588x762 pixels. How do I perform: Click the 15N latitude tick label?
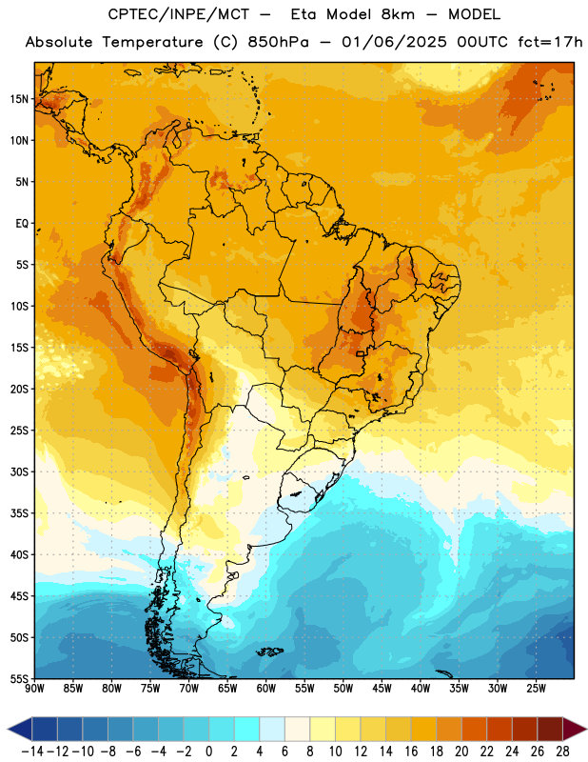click(x=19, y=99)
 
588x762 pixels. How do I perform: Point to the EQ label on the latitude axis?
click(x=22, y=224)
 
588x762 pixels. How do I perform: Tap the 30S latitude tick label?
click(x=19, y=471)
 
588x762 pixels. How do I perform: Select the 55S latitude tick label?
click(x=19, y=679)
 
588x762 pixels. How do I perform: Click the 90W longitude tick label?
click(x=34, y=689)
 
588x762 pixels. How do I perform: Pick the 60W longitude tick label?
click(x=266, y=689)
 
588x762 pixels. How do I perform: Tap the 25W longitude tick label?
click(x=536, y=689)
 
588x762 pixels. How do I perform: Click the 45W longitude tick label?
click(x=382, y=689)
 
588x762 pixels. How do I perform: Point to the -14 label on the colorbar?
click(x=32, y=752)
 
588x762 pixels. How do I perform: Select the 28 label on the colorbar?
click(x=562, y=752)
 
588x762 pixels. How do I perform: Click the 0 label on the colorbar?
click(x=208, y=752)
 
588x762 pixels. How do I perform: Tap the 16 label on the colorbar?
click(x=411, y=752)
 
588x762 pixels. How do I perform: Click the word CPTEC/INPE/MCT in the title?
click(x=179, y=14)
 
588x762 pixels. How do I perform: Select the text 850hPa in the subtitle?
click(x=278, y=42)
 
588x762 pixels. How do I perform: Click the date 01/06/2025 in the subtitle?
click(x=394, y=42)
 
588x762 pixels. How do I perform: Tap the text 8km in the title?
click(x=398, y=14)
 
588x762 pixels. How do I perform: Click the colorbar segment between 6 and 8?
click(x=297, y=729)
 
